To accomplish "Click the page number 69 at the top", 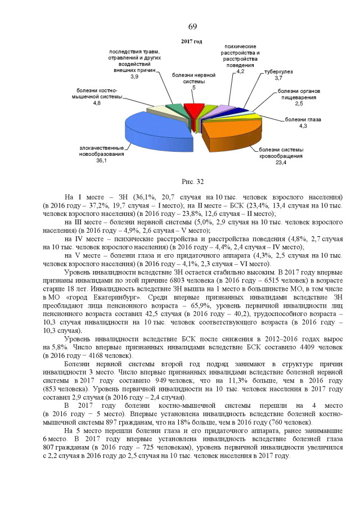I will coord(192,27).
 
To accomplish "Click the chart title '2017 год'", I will coord(192,42).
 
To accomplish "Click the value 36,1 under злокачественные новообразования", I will coord(102,160).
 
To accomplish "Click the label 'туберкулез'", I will coord(278,73).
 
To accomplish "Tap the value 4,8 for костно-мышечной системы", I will coord(97,103).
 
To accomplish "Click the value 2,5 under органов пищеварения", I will coord(299,103).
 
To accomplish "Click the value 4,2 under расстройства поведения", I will coord(240,72).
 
